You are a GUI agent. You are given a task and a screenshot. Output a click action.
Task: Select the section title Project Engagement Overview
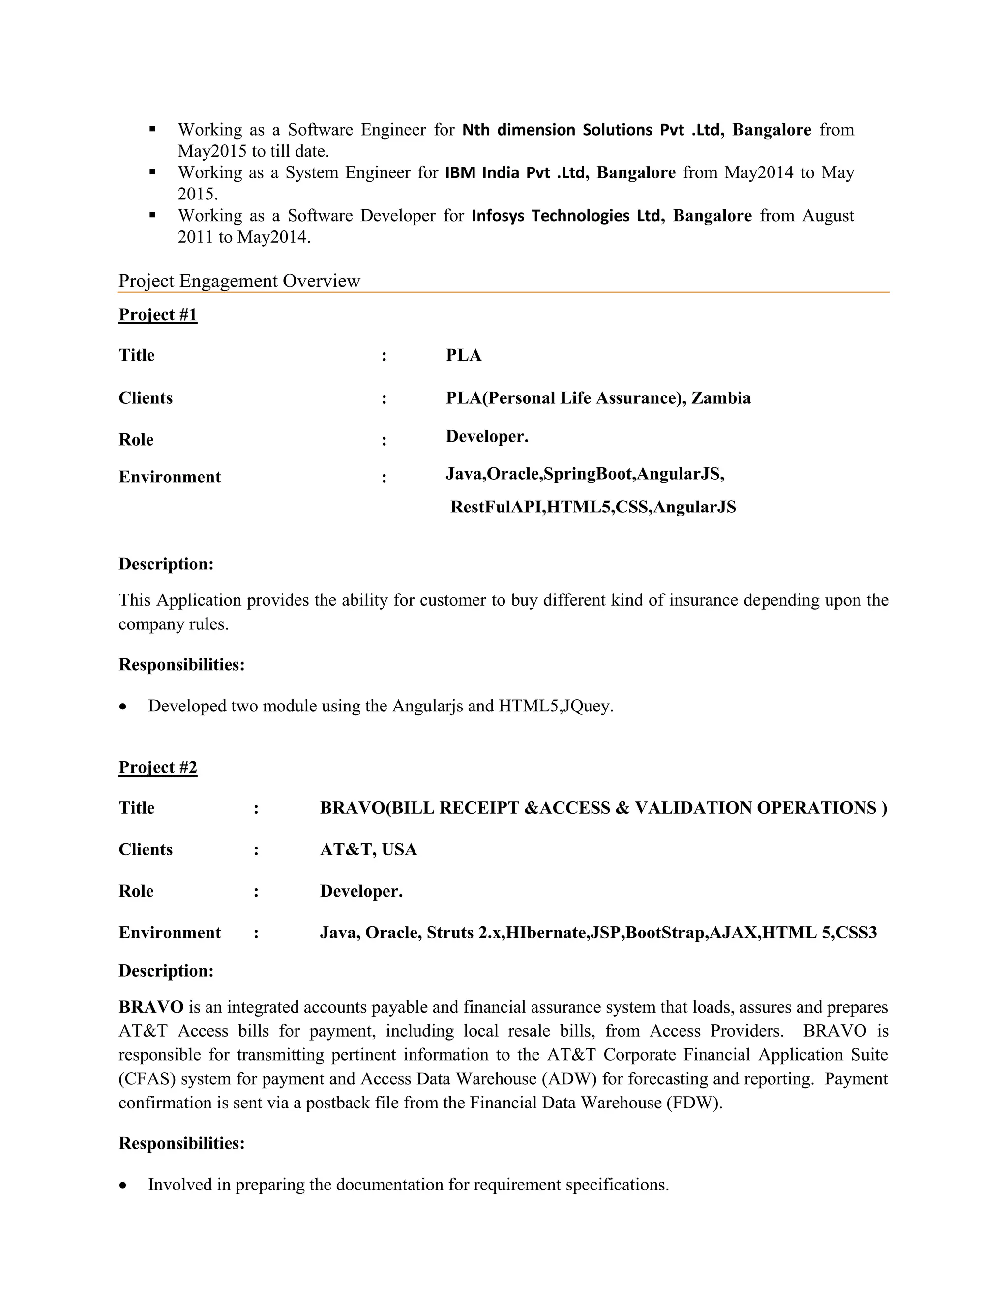(239, 280)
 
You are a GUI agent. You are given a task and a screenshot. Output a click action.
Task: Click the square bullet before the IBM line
(153, 171)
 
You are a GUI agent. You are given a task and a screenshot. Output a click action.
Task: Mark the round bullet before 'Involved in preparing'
(123, 1185)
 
